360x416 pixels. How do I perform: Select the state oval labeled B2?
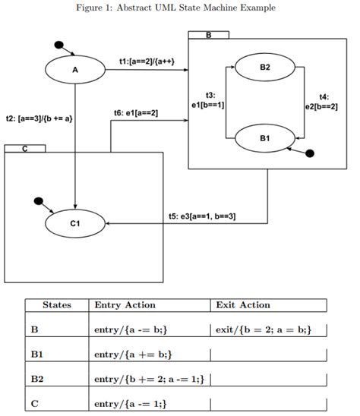(264, 67)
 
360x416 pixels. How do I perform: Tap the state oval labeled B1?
(264, 138)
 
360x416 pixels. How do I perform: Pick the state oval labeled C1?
(74, 223)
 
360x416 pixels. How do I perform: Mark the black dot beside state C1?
(39, 202)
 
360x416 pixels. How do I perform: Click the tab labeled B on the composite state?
(208, 35)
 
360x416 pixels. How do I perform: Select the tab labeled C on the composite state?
(24, 149)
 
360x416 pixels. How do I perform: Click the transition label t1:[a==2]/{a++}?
(153, 60)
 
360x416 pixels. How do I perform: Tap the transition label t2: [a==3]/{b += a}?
(39, 118)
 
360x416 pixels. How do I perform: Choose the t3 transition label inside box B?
(210, 99)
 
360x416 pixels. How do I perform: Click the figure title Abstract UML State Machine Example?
(181, 8)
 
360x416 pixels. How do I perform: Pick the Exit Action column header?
(243, 305)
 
